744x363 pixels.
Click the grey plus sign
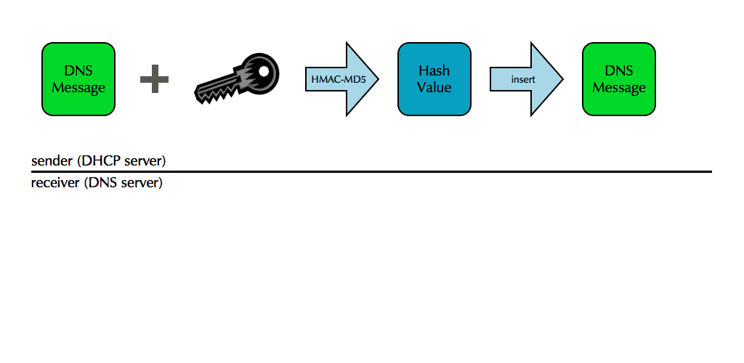154,78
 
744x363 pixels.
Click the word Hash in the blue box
434,70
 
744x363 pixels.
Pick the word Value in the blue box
434,87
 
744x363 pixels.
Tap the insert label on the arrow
523,78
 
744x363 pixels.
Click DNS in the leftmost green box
78,70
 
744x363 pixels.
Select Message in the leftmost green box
78,88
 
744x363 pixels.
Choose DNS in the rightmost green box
619,70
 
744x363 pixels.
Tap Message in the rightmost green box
619,88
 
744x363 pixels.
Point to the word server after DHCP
146,160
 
